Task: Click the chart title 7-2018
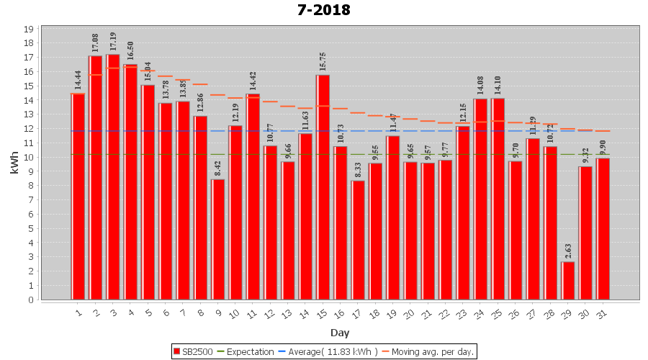(x=323, y=10)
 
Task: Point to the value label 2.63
(x=569, y=251)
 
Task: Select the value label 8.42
(x=218, y=168)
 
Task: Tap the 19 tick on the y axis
(x=29, y=30)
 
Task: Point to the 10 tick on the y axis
(x=29, y=158)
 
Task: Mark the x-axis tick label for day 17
(x=358, y=312)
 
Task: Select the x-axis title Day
(x=340, y=332)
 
